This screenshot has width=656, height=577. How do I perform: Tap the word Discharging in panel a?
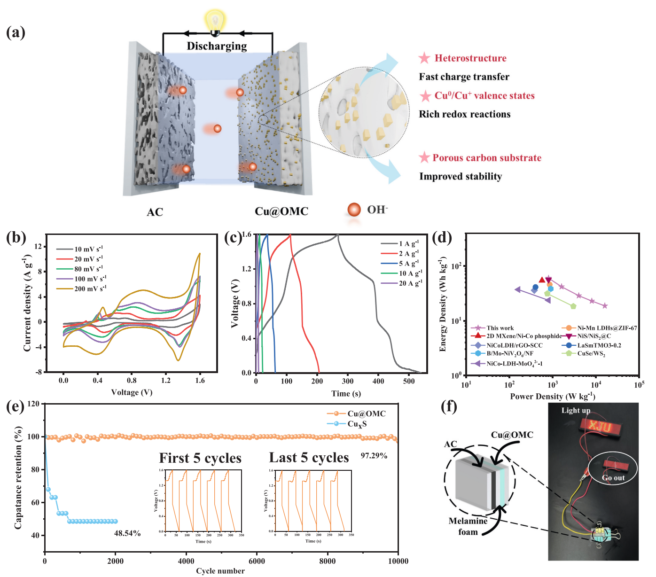click(217, 46)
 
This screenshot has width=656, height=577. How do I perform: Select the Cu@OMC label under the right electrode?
click(281, 211)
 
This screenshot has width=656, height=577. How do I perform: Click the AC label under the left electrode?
click(155, 212)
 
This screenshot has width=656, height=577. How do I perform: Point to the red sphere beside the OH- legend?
click(353, 210)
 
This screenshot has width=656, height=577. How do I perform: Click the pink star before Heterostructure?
click(424, 58)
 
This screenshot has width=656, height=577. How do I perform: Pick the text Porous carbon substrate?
click(487, 158)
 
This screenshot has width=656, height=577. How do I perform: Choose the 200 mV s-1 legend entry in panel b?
click(90, 288)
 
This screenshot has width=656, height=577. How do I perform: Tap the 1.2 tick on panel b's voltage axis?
click(165, 381)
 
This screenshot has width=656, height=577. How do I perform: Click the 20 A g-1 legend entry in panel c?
click(410, 283)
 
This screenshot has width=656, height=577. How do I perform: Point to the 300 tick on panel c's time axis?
click(348, 382)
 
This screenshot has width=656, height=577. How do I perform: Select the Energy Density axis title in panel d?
click(443, 304)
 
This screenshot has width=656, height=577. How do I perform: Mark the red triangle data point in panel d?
click(542, 280)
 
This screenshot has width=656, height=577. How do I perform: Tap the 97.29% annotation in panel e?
click(374, 456)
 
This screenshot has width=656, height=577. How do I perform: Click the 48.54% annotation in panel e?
click(127, 533)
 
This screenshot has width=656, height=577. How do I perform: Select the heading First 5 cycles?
click(200, 458)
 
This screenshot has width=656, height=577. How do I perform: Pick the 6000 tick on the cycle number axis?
click(257, 561)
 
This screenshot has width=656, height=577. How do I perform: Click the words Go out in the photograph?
click(613, 478)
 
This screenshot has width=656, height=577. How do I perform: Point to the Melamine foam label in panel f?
click(468, 526)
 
